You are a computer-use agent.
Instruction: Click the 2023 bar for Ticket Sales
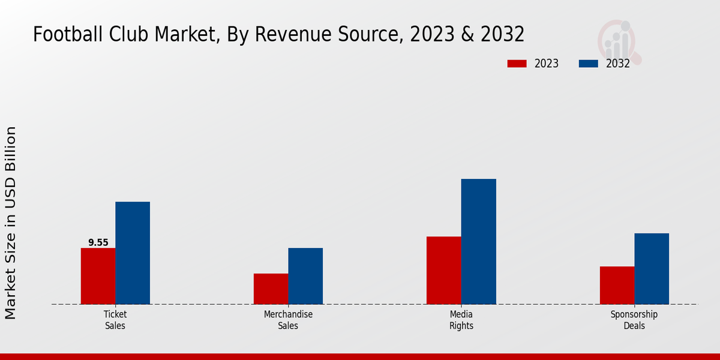(x=98, y=276)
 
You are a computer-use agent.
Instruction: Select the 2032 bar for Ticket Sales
(x=133, y=253)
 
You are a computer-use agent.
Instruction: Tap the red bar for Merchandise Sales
(x=271, y=289)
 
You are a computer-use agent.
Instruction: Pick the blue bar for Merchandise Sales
(x=305, y=276)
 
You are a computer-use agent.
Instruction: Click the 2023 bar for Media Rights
(x=443, y=270)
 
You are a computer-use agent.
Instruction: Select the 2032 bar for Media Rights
(x=478, y=241)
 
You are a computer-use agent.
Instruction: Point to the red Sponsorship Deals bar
(x=617, y=285)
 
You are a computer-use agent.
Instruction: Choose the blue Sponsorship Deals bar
(x=652, y=268)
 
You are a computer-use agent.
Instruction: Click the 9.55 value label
(x=98, y=242)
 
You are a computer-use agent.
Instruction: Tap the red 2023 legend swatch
(x=517, y=64)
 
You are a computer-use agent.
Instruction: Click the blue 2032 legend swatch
(x=588, y=64)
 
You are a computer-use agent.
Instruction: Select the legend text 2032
(x=617, y=64)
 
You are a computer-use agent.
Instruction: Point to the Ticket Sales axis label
(x=115, y=320)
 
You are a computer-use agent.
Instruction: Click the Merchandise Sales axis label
(x=288, y=320)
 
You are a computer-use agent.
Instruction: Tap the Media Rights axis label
(x=461, y=320)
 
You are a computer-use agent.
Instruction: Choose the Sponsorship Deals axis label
(x=634, y=320)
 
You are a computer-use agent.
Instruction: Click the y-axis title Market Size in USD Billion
(x=11, y=223)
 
